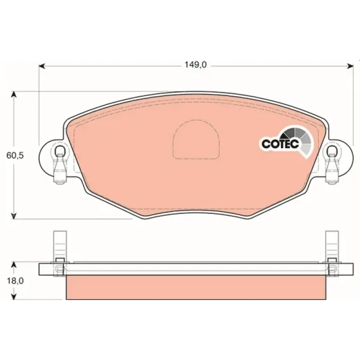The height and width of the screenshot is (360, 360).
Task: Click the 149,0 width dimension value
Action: click(196, 65)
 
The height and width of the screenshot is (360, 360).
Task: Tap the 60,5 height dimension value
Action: click(15, 155)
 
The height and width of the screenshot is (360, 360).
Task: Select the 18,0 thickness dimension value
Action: click(15, 281)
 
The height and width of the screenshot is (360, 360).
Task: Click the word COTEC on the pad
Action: click(280, 144)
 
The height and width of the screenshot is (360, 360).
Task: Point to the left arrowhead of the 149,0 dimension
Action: click(42, 67)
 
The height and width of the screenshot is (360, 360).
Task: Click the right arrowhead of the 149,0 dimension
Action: click(350, 67)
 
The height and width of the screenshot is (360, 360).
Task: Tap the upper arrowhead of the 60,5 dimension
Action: click(14, 95)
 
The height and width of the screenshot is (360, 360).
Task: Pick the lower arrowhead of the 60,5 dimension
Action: click(14, 215)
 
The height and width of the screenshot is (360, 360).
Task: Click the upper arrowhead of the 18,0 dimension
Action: click(14, 265)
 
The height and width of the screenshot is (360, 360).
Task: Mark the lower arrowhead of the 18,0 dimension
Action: click(14, 296)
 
